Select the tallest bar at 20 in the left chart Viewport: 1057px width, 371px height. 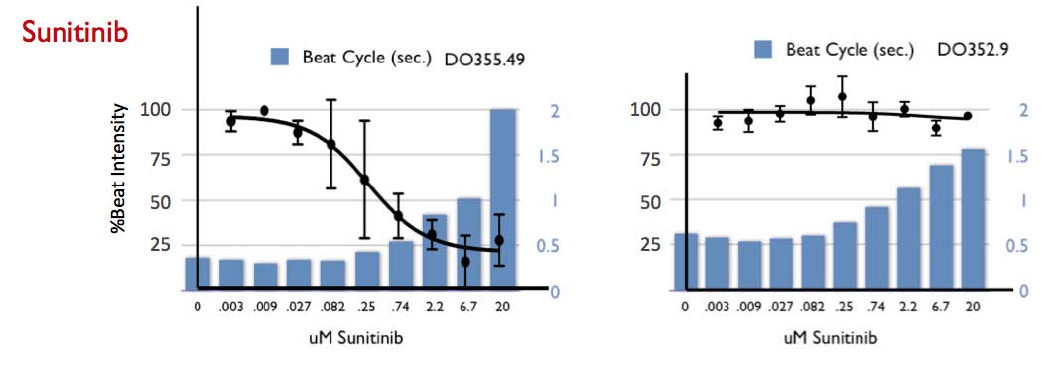click(502, 198)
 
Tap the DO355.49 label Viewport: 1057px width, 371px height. click(484, 59)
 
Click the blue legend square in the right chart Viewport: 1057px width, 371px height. click(763, 49)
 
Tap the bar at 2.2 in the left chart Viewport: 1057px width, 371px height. click(435, 251)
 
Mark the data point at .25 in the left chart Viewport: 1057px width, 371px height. click(364, 180)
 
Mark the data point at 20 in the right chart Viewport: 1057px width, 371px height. click(968, 116)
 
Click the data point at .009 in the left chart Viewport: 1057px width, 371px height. click(264, 110)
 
